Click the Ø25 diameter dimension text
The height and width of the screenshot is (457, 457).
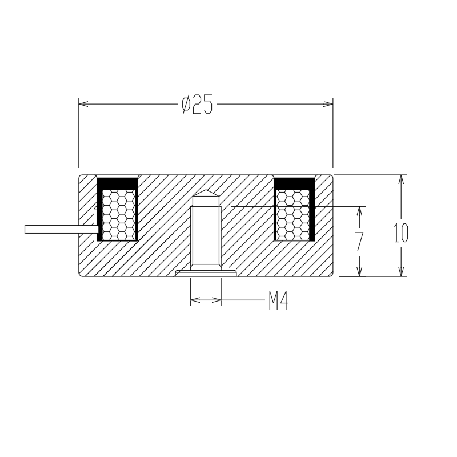(197, 104)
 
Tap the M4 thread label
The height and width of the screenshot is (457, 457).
(278, 300)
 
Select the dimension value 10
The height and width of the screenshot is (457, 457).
(401, 233)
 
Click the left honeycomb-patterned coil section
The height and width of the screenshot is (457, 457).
(119, 215)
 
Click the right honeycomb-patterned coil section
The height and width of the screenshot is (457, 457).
(293, 215)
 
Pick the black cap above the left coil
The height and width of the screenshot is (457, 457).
(117, 183)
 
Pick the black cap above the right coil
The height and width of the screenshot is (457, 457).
(294, 183)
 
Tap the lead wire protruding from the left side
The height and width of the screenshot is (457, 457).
(62, 230)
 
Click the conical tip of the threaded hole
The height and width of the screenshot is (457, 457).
(206, 193)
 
